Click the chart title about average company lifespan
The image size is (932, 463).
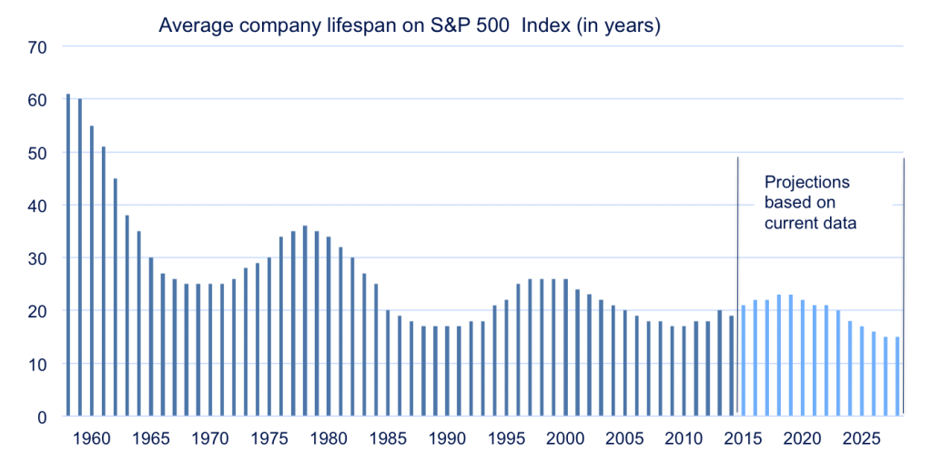point(409,25)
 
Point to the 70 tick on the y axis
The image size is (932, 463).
point(37,46)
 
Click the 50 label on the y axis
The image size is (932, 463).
point(37,153)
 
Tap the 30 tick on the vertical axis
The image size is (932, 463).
point(37,258)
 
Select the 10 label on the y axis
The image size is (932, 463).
point(37,364)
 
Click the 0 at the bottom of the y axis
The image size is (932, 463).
point(42,417)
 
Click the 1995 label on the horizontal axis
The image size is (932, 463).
point(506,438)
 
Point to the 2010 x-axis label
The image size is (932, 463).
point(684,438)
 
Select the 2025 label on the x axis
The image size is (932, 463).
point(861,438)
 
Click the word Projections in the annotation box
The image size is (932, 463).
point(806,182)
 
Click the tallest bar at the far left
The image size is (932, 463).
point(68,255)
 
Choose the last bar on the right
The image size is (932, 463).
point(897,377)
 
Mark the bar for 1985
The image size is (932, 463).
point(388,363)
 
